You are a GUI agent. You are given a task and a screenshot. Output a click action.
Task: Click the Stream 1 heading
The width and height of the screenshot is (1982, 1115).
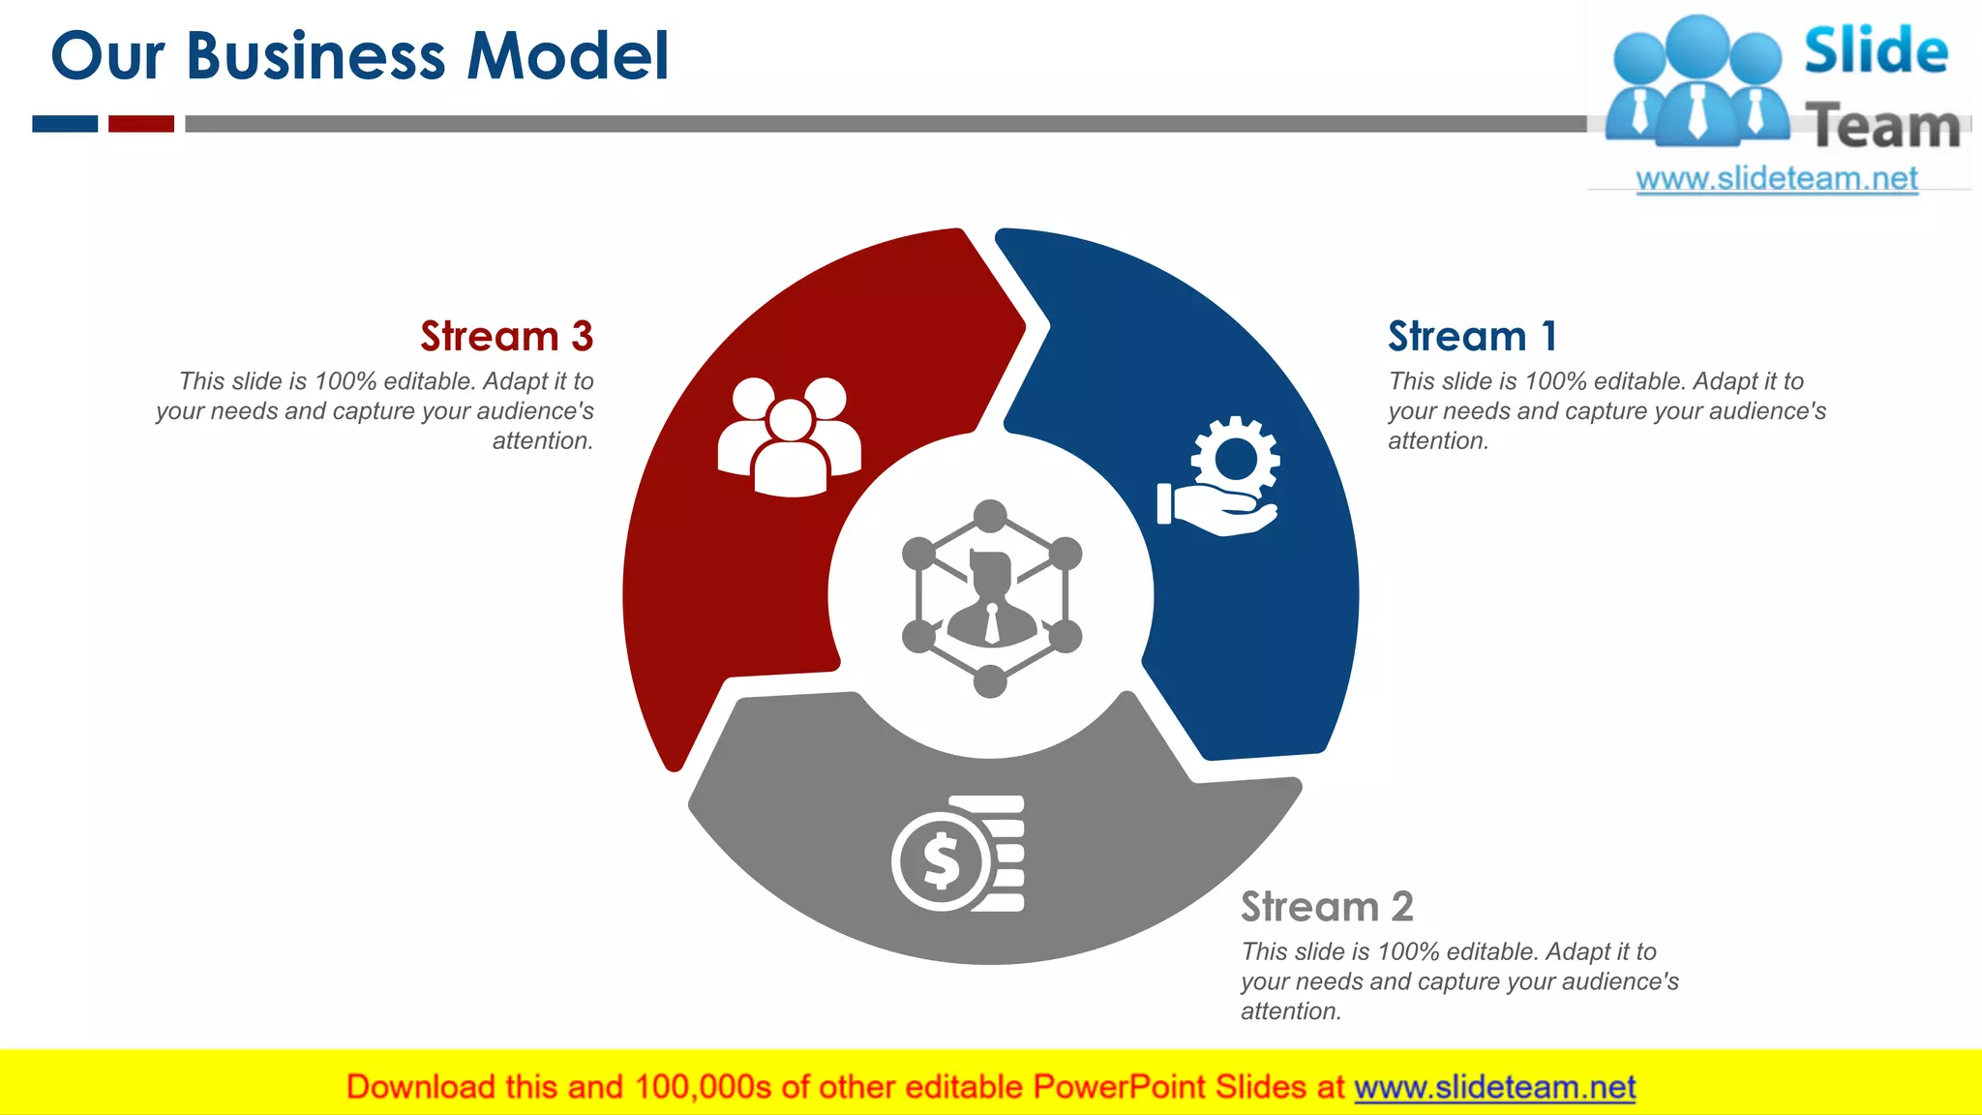[x=1472, y=337]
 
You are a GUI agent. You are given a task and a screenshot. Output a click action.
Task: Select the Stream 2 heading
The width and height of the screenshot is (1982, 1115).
[x=1327, y=907]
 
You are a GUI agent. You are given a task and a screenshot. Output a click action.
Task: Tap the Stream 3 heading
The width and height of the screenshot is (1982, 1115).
[x=506, y=337]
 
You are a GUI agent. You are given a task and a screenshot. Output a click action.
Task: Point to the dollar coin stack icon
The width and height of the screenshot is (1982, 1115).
[x=958, y=854]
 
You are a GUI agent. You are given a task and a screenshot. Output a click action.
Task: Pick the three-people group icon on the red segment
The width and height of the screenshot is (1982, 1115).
[x=790, y=437]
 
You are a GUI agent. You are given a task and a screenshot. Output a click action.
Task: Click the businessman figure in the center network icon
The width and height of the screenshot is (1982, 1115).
[x=991, y=600]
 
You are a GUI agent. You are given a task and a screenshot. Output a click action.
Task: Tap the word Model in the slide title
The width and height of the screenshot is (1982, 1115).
[x=568, y=56]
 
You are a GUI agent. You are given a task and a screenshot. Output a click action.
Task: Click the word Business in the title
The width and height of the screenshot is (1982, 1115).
[x=315, y=56]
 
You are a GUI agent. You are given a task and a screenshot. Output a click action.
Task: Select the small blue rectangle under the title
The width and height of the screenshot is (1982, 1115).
[x=65, y=124]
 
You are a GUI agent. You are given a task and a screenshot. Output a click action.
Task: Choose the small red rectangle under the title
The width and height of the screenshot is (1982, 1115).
[x=141, y=124]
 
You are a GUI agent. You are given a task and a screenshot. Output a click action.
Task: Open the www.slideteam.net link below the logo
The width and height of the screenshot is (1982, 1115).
[x=1777, y=179]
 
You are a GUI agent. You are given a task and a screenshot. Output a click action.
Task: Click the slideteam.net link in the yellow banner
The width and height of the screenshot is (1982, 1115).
[x=1494, y=1088]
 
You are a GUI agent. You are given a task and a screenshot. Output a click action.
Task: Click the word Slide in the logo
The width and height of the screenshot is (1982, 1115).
[x=1876, y=51]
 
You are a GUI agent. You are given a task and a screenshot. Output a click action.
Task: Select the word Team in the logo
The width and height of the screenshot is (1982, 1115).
[x=1883, y=127]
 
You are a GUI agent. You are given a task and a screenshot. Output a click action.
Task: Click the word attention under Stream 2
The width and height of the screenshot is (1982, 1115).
[x=1290, y=1011]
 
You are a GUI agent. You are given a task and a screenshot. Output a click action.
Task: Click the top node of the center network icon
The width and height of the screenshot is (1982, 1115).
[x=990, y=516]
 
